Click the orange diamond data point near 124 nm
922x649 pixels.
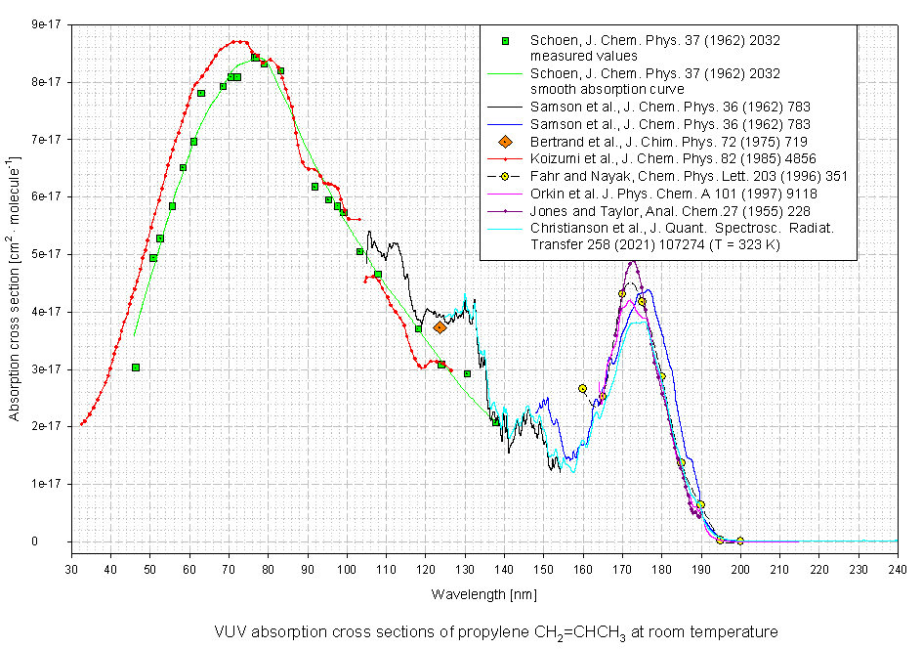tap(440, 327)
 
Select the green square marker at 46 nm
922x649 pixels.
tap(136, 368)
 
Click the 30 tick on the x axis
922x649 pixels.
tap(71, 567)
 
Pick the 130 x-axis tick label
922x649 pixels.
tap(465, 567)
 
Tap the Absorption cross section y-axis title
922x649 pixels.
tap(15, 283)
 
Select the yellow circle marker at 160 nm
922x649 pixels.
tap(583, 389)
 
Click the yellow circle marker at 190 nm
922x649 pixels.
tap(700, 505)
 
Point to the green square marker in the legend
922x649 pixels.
tap(506, 41)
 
